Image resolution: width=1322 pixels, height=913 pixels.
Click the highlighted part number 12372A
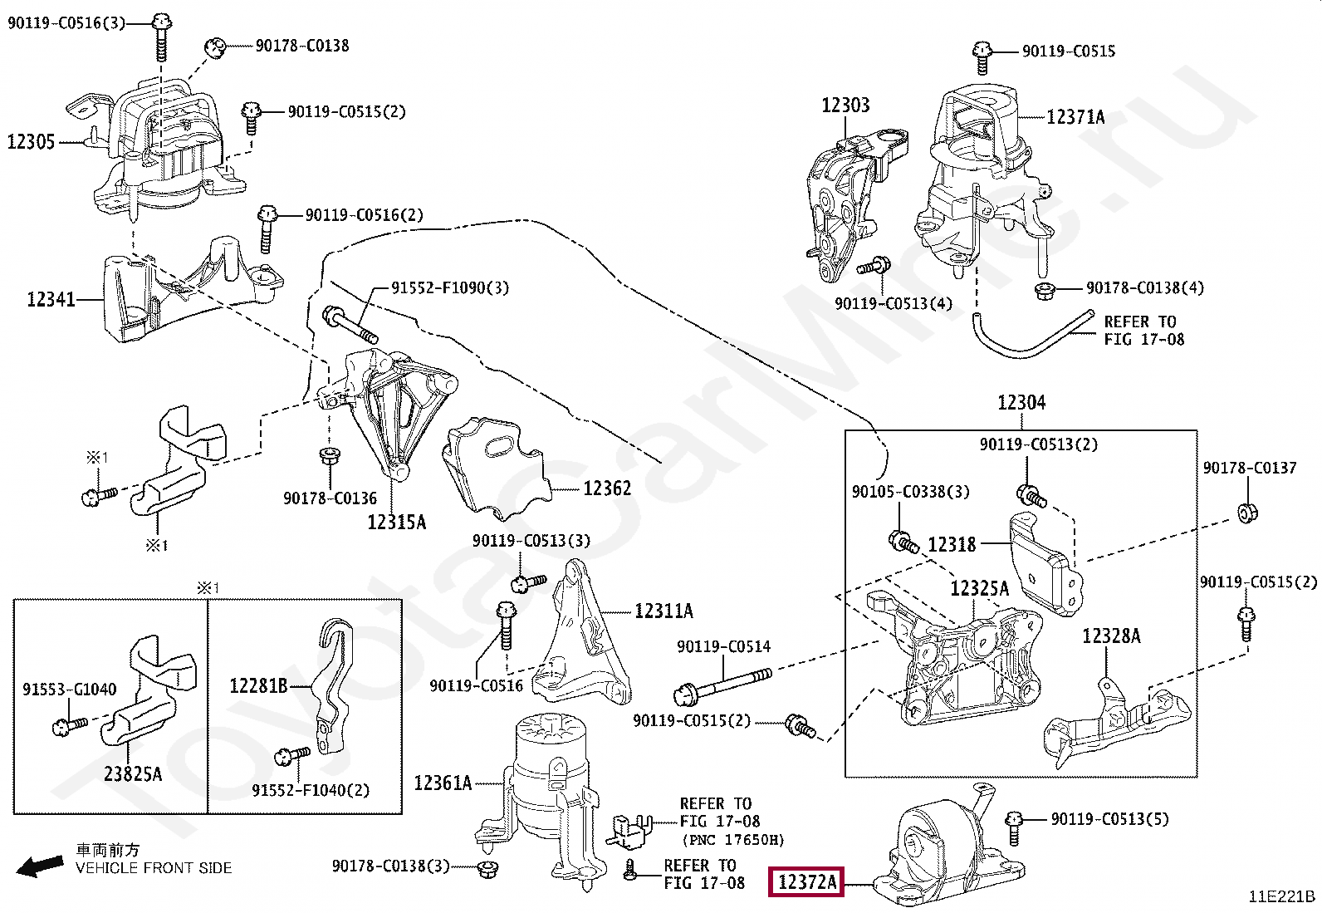(x=806, y=881)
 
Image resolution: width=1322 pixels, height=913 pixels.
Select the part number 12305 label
(x=31, y=142)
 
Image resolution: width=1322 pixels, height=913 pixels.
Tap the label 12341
(x=51, y=299)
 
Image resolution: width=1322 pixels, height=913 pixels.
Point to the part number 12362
(x=607, y=488)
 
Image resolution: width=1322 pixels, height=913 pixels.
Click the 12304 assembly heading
(x=1021, y=403)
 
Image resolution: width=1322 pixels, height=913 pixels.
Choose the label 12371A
(x=1075, y=117)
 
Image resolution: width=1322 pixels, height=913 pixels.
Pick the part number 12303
(x=845, y=106)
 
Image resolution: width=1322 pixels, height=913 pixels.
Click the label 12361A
(x=443, y=783)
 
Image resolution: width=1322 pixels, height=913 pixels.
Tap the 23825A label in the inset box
(x=133, y=774)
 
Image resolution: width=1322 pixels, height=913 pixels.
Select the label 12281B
(x=258, y=686)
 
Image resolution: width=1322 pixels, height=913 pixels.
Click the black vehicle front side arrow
(x=39, y=866)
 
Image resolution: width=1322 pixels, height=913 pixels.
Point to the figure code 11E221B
(x=1281, y=896)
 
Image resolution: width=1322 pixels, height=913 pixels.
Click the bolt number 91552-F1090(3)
(x=450, y=288)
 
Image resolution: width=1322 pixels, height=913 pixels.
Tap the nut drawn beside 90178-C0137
(x=1247, y=512)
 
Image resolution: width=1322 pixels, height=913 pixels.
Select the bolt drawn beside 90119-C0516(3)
(x=163, y=37)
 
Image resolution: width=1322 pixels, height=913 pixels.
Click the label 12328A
(x=1111, y=636)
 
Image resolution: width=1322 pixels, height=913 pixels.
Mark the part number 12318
(x=952, y=545)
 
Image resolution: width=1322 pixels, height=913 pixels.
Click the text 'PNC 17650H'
(x=732, y=840)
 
